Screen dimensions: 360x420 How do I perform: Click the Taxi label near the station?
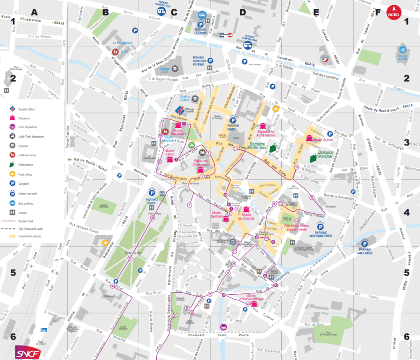pyautogui.click(x=44, y=330)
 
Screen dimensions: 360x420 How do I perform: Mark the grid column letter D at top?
pyautogui.click(x=242, y=12)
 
